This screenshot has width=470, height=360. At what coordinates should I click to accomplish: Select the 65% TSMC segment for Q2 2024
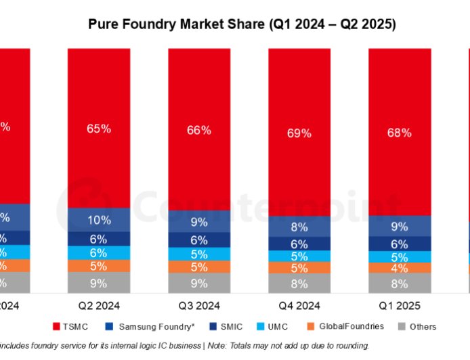point(99,129)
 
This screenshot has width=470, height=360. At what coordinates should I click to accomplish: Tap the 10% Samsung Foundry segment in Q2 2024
point(99,220)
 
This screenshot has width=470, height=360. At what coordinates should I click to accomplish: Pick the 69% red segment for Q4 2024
point(299,133)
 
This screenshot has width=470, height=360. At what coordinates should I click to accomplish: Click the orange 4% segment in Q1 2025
point(400,268)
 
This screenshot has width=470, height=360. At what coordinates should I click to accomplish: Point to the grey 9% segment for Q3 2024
point(199,284)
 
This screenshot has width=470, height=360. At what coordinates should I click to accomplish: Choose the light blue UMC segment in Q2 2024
point(99,252)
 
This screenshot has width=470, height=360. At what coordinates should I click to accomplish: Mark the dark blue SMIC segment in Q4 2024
point(299,244)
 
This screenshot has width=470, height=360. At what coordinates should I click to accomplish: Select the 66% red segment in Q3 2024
point(199,129)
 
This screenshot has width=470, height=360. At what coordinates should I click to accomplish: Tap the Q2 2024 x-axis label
point(99,304)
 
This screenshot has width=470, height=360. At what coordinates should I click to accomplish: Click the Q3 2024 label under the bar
point(199,304)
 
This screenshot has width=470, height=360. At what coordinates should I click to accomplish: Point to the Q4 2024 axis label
point(299,304)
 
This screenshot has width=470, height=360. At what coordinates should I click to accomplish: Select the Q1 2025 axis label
point(400,304)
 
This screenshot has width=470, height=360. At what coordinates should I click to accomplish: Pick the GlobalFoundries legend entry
point(349,327)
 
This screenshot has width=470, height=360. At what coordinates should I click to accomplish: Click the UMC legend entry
point(276,327)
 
